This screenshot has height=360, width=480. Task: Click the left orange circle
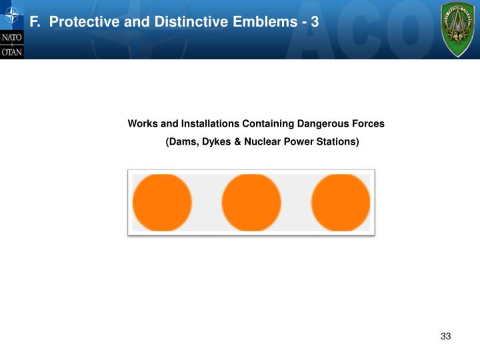[x=163, y=203]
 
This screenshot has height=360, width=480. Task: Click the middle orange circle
[x=251, y=203]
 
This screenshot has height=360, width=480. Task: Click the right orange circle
[x=341, y=203]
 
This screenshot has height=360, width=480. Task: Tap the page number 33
[x=446, y=336]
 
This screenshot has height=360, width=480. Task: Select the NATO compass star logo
[x=11, y=15]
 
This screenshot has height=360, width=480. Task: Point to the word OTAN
[x=11, y=51]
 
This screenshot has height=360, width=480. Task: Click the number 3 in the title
[x=315, y=22]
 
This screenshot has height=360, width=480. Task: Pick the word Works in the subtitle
[x=142, y=124]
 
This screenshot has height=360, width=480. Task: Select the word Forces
[x=368, y=124]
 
